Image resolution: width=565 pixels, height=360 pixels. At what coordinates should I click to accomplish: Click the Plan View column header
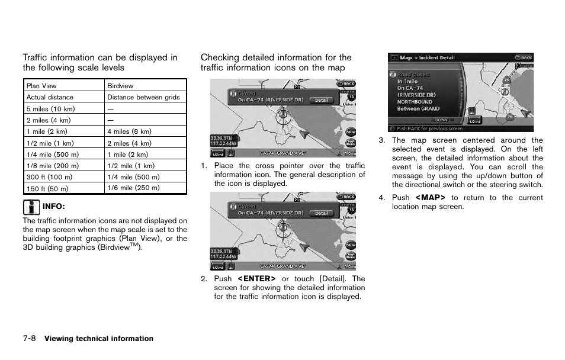(x=41, y=86)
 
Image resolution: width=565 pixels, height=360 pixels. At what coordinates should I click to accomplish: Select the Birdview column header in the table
(x=120, y=86)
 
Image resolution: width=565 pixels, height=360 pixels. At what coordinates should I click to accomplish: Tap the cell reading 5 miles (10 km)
(x=50, y=109)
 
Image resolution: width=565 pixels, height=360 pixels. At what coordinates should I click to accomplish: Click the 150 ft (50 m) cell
(x=47, y=189)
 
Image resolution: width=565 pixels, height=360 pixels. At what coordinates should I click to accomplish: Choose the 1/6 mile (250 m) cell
(x=133, y=188)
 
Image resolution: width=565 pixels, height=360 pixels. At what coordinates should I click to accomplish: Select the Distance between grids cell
(x=143, y=97)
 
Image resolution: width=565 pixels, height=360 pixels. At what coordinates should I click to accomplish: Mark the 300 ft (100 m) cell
(x=49, y=177)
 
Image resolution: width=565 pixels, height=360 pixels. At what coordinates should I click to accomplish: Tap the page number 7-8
(x=30, y=339)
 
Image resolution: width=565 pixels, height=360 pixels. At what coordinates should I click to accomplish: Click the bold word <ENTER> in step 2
(x=256, y=279)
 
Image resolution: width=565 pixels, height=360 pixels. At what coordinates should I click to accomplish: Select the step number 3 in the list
(x=382, y=141)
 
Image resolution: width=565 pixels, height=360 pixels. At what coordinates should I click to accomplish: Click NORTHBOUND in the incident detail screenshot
(x=415, y=102)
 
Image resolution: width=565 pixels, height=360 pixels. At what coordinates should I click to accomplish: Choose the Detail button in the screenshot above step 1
(x=321, y=100)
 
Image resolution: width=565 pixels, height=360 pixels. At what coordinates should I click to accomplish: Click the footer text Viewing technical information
(x=99, y=339)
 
